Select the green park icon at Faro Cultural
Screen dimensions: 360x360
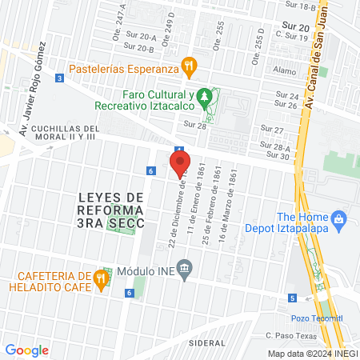pyautogui.click(x=206, y=97)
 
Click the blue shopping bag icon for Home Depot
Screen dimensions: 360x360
pyautogui.click(x=338, y=218)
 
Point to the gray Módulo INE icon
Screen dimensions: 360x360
pyautogui.click(x=185, y=267)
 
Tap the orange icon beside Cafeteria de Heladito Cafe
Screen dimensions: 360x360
pyautogui.click(x=100, y=279)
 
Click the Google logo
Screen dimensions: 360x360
pyautogui.click(x=26, y=350)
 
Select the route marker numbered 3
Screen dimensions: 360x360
pyautogui.click(x=60, y=78)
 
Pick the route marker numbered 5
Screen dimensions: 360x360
pyautogui.click(x=293, y=298)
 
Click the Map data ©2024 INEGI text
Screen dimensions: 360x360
pyautogui.click(x=311, y=354)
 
